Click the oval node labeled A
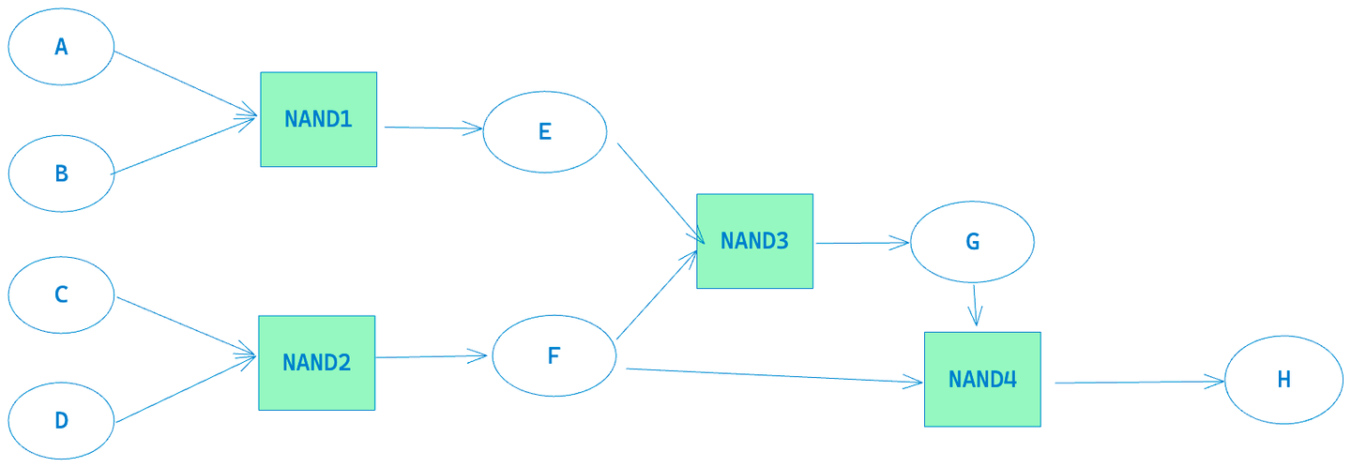(x=61, y=47)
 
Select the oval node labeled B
(x=61, y=173)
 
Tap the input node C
(x=61, y=294)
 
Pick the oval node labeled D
(x=61, y=420)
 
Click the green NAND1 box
(x=318, y=119)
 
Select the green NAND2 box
(x=316, y=363)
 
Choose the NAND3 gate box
(x=754, y=241)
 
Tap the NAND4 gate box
(x=982, y=379)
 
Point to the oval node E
(x=544, y=132)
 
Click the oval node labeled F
(x=554, y=356)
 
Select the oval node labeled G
(x=972, y=242)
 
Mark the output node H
(x=1283, y=380)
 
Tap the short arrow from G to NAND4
(x=976, y=306)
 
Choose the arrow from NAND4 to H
(x=1140, y=382)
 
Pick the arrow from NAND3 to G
(x=861, y=243)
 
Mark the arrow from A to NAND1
(x=185, y=84)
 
